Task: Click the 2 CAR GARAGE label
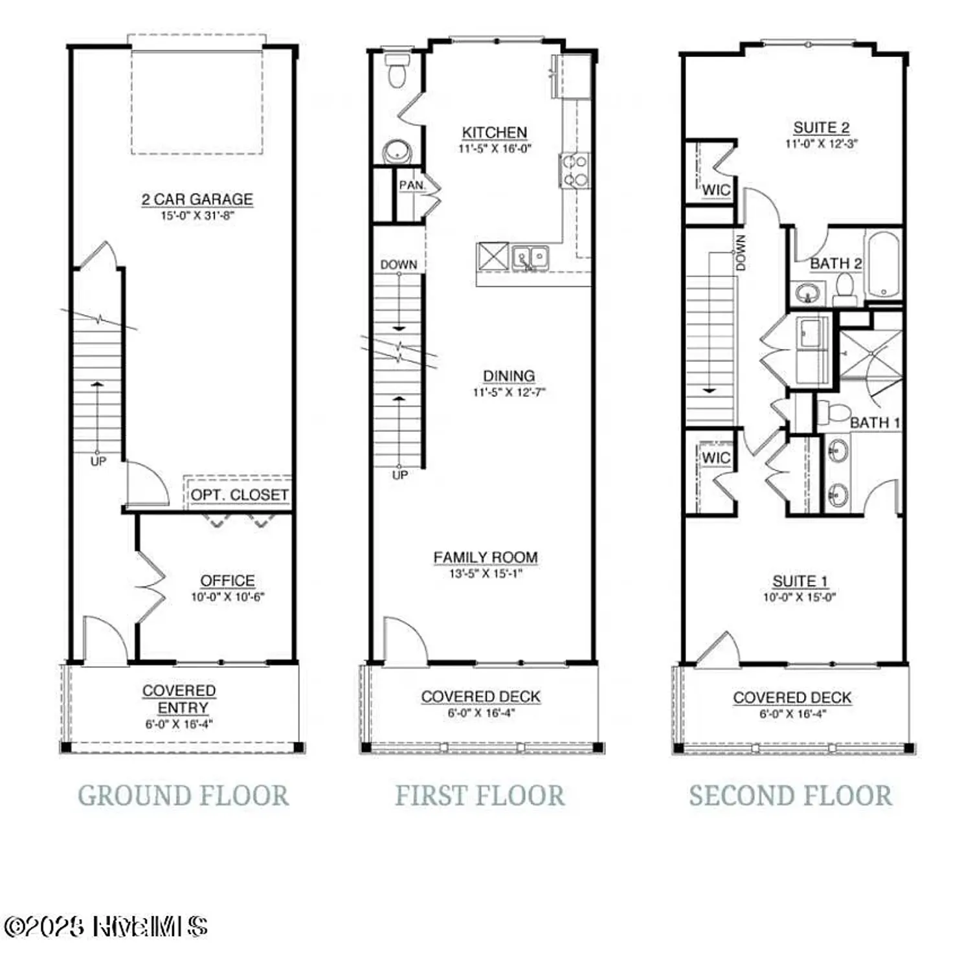pyautogui.click(x=197, y=199)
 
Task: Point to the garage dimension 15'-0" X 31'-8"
pyautogui.click(x=197, y=216)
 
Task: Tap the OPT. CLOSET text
pyautogui.click(x=239, y=495)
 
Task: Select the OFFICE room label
pyautogui.click(x=227, y=581)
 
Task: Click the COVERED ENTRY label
pyautogui.click(x=179, y=699)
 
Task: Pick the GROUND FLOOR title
pyautogui.click(x=183, y=796)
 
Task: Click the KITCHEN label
pyautogui.click(x=495, y=132)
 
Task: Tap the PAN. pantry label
pyautogui.click(x=412, y=186)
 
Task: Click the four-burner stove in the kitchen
pyautogui.click(x=574, y=170)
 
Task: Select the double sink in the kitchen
pyautogui.click(x=530, y=257)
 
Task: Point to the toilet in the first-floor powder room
pyautogui.click(x=396, y=72)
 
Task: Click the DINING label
pyautogui.click(x=509, y=376)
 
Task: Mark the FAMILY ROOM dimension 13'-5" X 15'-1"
pyautogui.click(x=486, y=574)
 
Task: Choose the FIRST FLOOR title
pyautogui.click(x=480, y=796)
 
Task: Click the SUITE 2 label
pyautogui.click(x=821, y=128)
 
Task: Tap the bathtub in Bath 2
pyautogui.click(x=883, y=264)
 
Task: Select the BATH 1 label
pyautogui.click(x=875, y=423)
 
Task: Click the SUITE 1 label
pyautogui.click(x=800, y=581)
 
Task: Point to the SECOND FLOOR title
pyautogui.click(x=790, y=796)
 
